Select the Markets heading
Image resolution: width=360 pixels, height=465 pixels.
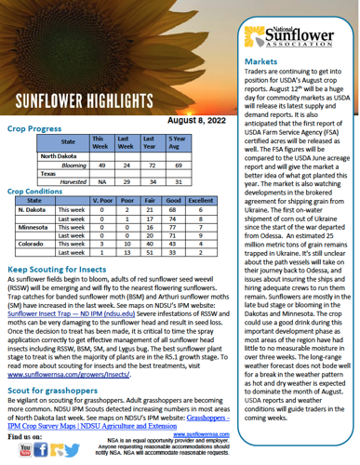pos(270,61)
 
